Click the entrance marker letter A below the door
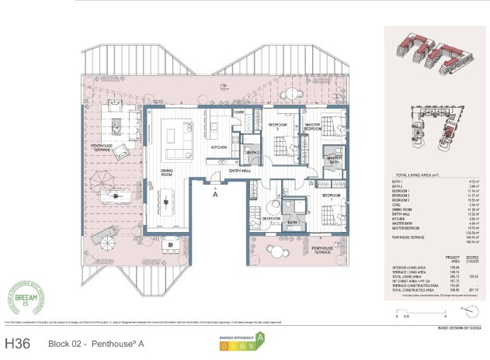(214, 195)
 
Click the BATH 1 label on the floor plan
(292, 223)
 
